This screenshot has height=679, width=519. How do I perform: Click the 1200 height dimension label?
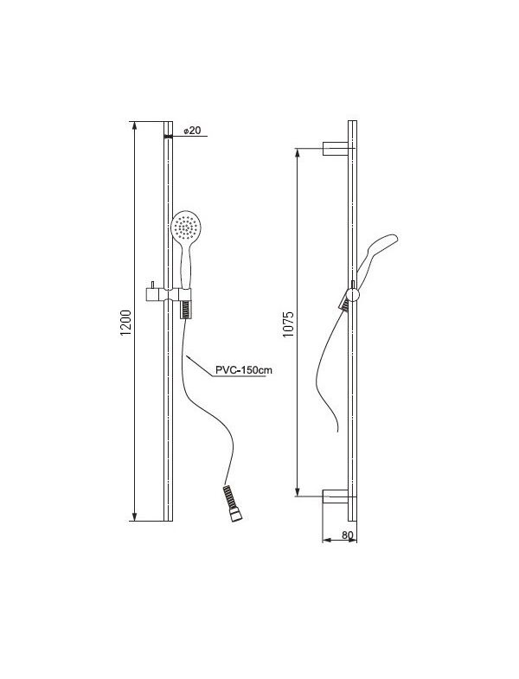pyautogui.click(x=125, y=323)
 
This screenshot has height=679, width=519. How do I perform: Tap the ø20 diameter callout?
pyautogui.click(x=192, y=130)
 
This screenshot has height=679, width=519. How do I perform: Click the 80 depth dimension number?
pyautogui.click(x=348, y=535)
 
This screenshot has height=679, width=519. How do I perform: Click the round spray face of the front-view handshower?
pyautogui.click(x=187, y=227)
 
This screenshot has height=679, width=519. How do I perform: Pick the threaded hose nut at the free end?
pyautogui.click(x=233, y=503)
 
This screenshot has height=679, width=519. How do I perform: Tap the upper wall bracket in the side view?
pyautogui.click(x=336, y=148)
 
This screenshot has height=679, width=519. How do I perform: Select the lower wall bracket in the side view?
pyautogui.click(x=336, y=496)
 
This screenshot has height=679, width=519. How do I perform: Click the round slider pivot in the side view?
pyautogui.click(x=353, y=294)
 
